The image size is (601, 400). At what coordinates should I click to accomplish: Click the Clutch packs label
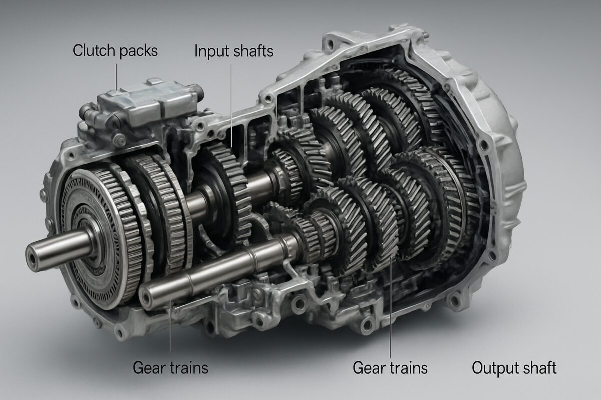point(115,51)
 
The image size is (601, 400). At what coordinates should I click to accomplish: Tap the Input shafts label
point(234,51)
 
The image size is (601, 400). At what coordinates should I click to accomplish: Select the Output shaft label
point(514,368)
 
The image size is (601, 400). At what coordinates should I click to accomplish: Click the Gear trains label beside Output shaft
point(390,368)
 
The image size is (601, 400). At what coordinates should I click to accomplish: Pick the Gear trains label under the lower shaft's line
point(170,368)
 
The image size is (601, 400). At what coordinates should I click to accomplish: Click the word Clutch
point(94,50)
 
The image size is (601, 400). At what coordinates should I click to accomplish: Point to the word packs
point(139,51)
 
